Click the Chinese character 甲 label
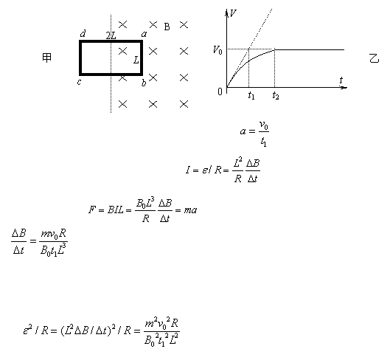coord(46,58)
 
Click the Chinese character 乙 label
coord(374,58)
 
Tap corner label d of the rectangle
coord(83,34)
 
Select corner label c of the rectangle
coord(79,82)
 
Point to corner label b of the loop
coord(144,83)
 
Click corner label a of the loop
coord(144,34)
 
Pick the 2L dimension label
coord(111,35)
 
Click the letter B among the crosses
coord(167,27)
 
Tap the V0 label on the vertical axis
coord(217,50)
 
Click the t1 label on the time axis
coord(251,95)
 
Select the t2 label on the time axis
coord(276,95)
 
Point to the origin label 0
coord(220,92)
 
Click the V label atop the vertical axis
coord(233,13)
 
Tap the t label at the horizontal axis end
coord(341,80)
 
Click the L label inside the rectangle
coord(136,60)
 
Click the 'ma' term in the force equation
coord(190,210)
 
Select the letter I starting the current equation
coord(188,170)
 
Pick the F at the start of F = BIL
coord(91,210)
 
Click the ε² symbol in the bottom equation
coord(27,330)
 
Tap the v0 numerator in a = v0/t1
coord(264,125)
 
